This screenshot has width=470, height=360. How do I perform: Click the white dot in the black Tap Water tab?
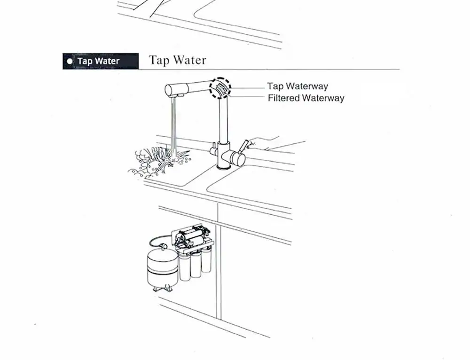pos(70,61)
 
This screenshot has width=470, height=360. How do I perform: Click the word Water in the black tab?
pos(106,61)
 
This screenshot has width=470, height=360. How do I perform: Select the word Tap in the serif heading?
pos(159,60)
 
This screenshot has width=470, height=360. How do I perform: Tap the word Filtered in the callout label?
pos(283,98)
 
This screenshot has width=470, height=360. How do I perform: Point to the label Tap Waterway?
pos(298,86)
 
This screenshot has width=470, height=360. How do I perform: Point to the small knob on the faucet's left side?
pos(213,150)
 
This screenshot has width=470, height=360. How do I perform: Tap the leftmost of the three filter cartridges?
pos(185,266)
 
